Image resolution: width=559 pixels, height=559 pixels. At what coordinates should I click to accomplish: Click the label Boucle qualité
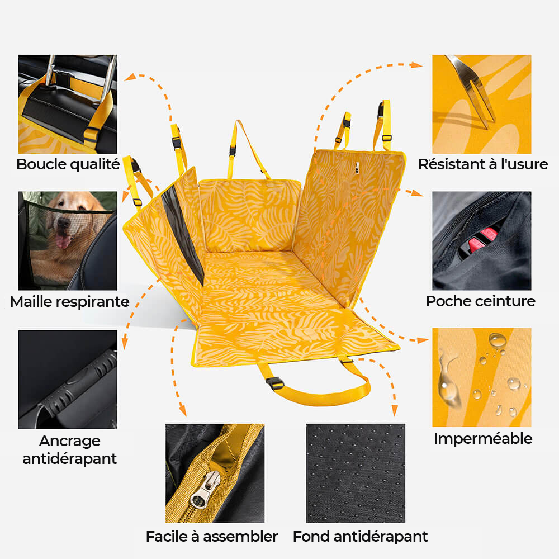(x=68, y=164)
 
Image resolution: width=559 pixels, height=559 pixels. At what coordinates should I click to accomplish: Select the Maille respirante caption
(x=69, y=302)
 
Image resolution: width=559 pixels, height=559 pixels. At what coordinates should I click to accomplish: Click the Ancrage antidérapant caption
(x=70, y=450)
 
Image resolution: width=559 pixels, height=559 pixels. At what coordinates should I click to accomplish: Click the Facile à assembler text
(x=212, y=537)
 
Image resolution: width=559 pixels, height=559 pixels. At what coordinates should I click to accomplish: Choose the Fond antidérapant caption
(x=361, y=537)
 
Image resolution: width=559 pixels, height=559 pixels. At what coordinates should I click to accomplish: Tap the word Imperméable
(x=483, y=438)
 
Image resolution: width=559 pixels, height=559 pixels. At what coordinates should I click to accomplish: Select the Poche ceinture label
(x=481, y=301)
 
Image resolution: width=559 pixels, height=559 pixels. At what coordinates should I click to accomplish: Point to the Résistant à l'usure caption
(x=483, y=164)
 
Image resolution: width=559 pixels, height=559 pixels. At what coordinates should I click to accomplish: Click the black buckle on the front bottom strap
(x=275, y=383)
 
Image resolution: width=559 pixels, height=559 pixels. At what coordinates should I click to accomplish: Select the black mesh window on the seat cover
(x=181, y=235)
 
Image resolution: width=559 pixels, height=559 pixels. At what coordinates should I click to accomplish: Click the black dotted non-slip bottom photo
(x=356, y=472)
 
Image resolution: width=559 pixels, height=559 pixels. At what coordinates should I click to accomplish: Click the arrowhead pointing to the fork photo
(x=418, y=65)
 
